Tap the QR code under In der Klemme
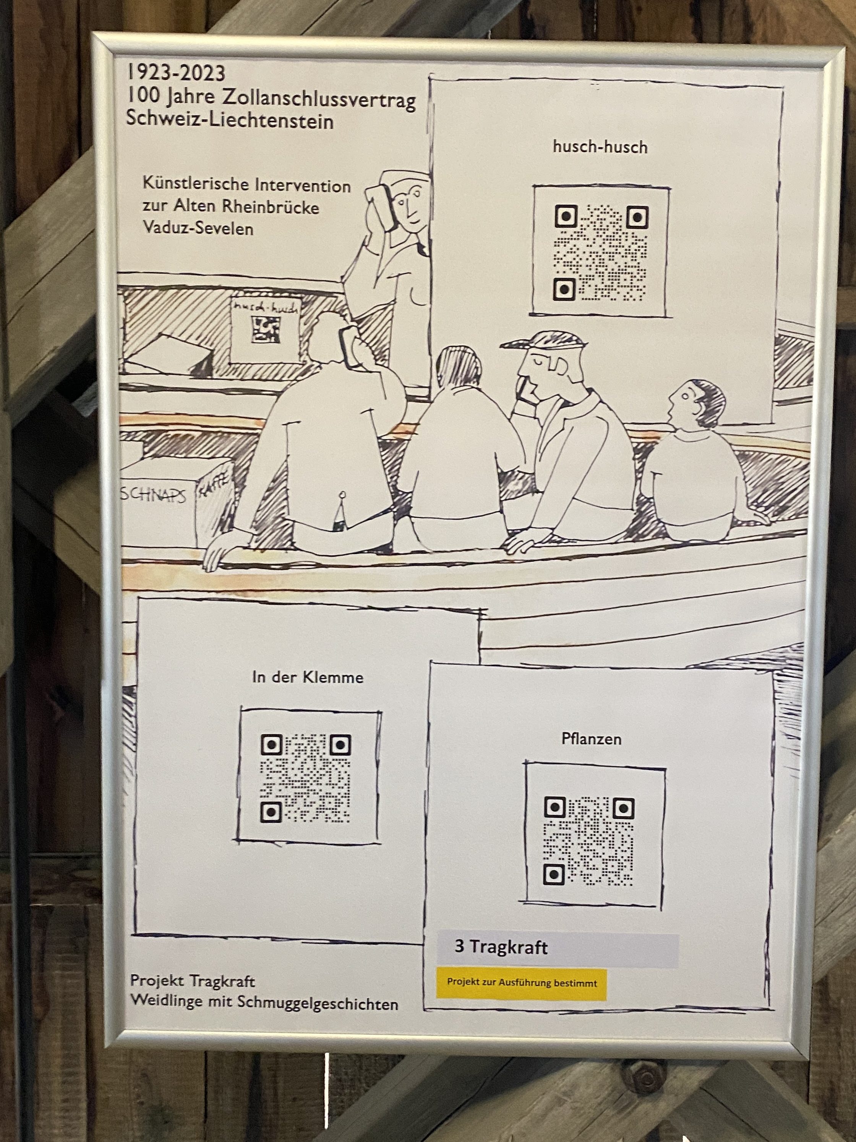(305, 778)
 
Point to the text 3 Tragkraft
(501, 947)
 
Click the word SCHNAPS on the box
(153, 494)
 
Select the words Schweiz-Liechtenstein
(230, 120)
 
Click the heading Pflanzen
(591, 739)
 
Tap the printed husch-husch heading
(600, 147)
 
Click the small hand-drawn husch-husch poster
(265, 329)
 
